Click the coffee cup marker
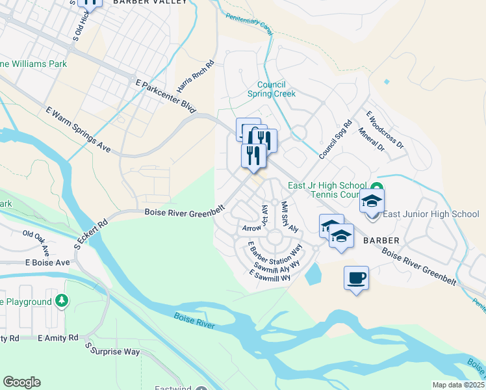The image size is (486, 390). click(356, 278)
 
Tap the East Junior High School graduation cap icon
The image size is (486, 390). click(372, 201)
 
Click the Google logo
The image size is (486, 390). click(21, 382)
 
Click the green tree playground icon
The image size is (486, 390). click(62, 300)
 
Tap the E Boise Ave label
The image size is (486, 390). click(47, 263)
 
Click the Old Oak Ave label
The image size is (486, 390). click(36, 241)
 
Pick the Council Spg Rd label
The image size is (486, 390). click(335, 139)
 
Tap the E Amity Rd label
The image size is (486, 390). click(58, 338)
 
